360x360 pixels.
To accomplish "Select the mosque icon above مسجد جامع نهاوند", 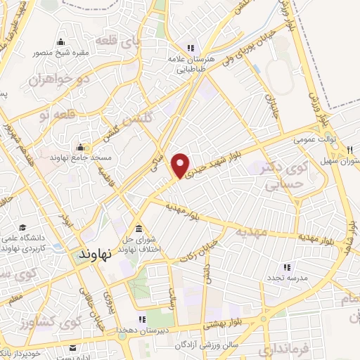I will [x=81, y=148].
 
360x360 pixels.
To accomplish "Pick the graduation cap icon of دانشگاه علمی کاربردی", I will [x=25, y=229].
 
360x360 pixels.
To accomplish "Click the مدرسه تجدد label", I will [x=286, y=278].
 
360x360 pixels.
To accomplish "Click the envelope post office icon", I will [x=73, y=347].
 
